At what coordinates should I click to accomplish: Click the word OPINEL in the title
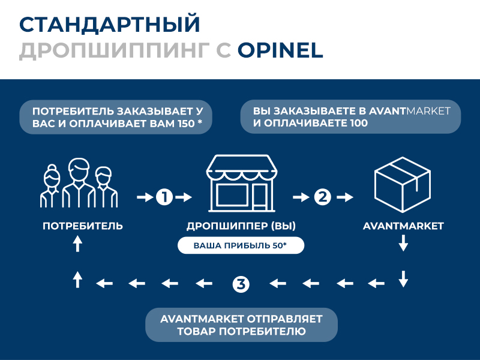tap(280, 50)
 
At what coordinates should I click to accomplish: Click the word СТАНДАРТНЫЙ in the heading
tap(109, 25)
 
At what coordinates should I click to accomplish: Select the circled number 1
tap(164, 196)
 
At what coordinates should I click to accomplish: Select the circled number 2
tap(323, 196)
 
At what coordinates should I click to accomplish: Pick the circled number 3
tap(241, 283)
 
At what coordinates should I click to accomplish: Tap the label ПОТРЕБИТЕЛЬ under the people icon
tap(83, 226)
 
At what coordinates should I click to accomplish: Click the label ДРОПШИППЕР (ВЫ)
tap(241, 226)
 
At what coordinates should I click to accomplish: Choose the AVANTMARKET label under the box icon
tap(403, 226)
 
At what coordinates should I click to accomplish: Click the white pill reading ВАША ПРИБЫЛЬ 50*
tap(240, 246)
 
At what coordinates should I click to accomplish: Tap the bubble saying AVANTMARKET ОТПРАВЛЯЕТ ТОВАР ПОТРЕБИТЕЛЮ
tap(241, 325)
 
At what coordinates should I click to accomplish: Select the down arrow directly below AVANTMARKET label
tap(403, 243)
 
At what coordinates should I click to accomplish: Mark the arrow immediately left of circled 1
tap(145, 196)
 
